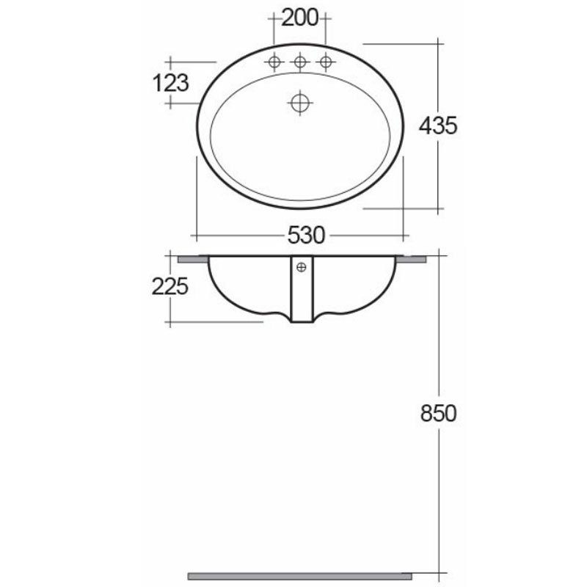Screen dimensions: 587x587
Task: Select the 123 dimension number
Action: (x=171, y=83)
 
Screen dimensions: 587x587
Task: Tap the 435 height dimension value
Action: (x=438, y=126)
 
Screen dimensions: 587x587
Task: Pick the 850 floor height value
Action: (x=438, y=413)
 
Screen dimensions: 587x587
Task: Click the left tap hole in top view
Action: (x=275, y=63)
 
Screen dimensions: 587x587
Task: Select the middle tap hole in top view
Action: (x=299, y=63)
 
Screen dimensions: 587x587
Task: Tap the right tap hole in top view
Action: (x=324, y=63)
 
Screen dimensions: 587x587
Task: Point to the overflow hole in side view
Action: (x=300, y=269)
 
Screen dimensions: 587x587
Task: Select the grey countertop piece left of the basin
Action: (x=193, y=258)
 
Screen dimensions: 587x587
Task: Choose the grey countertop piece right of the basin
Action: (x=413, y=258)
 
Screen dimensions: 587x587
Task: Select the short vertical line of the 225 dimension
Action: (x=170, y=308)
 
